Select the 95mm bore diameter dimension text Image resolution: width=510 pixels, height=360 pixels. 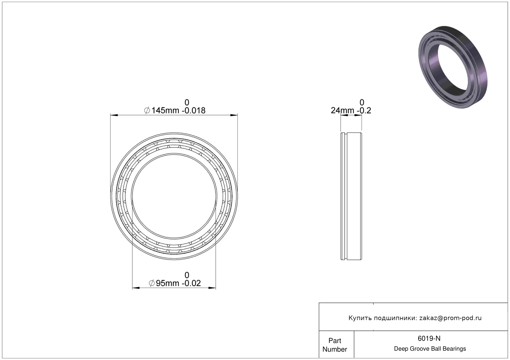pyautogui.click(x=167, y=283)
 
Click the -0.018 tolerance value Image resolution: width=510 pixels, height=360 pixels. pyautogui.click(x=193, y=111)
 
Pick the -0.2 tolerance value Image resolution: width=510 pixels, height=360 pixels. pyautogui.click(x=364, y=111)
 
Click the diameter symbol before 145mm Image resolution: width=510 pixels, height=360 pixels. pyautogui.click(x=147, y=111)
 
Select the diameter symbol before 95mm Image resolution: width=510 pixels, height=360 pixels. pyautogui.click(x=152, y=283)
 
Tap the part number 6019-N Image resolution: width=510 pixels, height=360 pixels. pyautogui.click(x=429, y=339)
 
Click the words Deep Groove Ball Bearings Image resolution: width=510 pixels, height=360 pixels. pyautogui.click(x=430, y=349)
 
